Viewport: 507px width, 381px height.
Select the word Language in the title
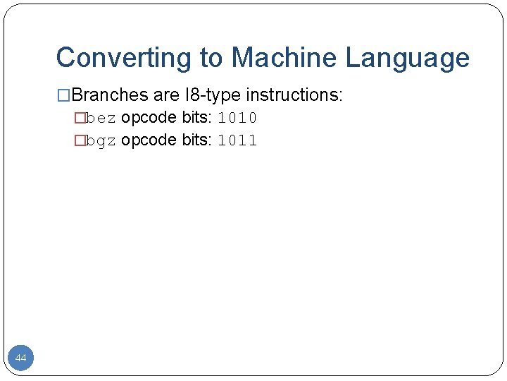click(x=407, y=58)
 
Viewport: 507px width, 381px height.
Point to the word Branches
click(x=109, y=95)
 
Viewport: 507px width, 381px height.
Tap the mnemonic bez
click(x=101, y=118)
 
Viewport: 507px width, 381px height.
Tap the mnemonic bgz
click(x=101, y=140)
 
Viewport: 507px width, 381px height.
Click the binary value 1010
click(x=237, y=118)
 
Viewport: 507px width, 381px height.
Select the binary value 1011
click(x=237, y=140)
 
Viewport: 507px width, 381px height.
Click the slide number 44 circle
click(x=21, y=358)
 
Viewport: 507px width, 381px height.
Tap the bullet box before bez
click(x=80, y=118)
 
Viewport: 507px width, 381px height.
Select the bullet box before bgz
click(x=80, y=140)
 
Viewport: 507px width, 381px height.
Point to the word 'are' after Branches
click(x=166, y=95)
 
